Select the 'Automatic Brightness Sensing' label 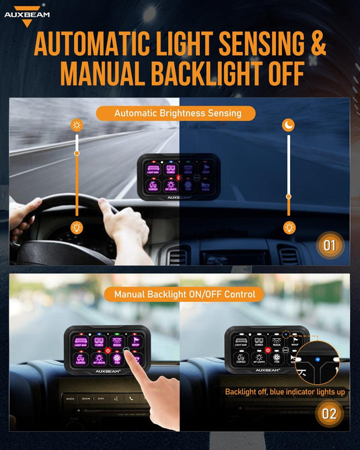pos(177,113)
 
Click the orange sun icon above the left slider pos(77,125)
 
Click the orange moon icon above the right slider pos(288,125)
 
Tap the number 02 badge pos(329,413)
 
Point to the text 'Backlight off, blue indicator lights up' pos(286,391)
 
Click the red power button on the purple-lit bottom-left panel pos(108,350)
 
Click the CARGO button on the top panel pos(153,186)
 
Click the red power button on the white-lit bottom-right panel pos(267,350)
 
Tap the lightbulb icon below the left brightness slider pos(77,227)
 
